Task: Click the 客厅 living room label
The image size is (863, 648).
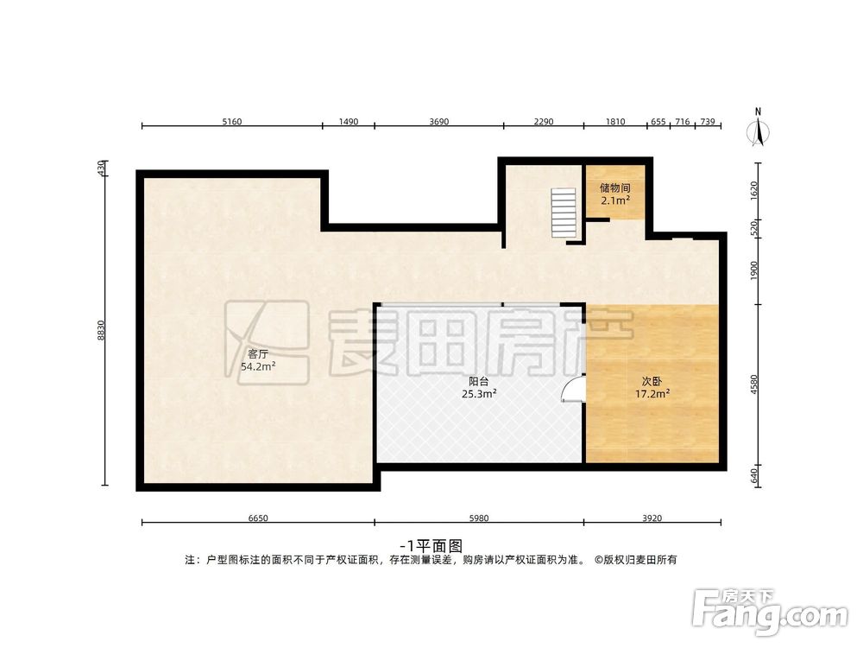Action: pyautogui.click(x=257, y=353)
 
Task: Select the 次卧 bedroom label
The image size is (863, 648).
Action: pyautogui.click(x=652, y=380)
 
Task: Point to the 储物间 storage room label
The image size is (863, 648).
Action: pyautogui.click(x=615, y=187)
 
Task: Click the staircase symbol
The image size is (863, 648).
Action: pyautogui.click(x=564, y=214)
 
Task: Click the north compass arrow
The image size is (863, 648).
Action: pyautogui.click(x=758, y=129)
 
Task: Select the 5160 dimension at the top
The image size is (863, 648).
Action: pyautogui.click(x=231, y=122)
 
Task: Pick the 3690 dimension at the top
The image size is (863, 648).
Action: pyautogui.click(x=438, y=122)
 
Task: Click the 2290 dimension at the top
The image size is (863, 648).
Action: pyautogui.click(x=543, y=122)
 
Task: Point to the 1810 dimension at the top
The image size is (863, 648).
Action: pyautogui.click(x=614, y=122)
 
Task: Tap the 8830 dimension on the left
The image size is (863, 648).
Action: pyautogui.click(x=101, y=330)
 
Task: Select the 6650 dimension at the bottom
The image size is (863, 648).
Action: pyautogui.click(x=257, y=518)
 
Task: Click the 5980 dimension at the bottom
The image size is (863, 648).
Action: pyautogui.click(x=478, y=518)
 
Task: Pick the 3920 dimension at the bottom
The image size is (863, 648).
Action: pyautogui.click(x=652, y=518)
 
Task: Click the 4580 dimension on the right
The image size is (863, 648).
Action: pyautogui.click(x=754, y=384)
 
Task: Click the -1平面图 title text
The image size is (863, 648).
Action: pyautogui.click(x=432, y=545)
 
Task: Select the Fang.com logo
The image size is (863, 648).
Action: pyautogui.click(x=771, y=613)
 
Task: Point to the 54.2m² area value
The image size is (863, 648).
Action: pyautogui.click(x=257, y=366)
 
